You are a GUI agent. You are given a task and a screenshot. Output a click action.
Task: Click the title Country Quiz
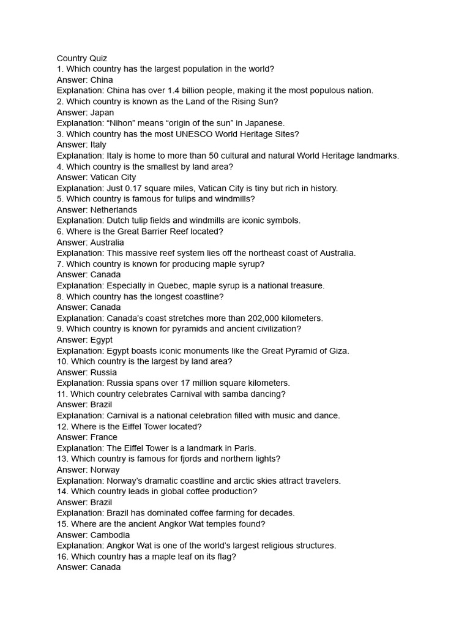(82, 58)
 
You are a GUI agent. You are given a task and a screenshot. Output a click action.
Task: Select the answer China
(102, 80)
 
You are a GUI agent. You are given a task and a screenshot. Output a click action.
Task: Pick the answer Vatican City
(113, 178)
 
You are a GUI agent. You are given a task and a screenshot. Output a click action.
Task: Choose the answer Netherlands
(114, 210)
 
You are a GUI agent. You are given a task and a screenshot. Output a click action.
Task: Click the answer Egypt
(102, 340)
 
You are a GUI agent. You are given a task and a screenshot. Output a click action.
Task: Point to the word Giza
(337, 351)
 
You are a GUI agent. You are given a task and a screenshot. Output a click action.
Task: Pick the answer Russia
(103, 372)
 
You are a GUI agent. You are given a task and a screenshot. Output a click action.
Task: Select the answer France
(104, 437)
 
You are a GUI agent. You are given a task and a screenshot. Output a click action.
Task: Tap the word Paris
(243, 448)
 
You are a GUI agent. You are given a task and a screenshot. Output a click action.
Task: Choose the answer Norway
(105, 470)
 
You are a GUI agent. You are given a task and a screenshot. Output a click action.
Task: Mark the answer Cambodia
(110, 535)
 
